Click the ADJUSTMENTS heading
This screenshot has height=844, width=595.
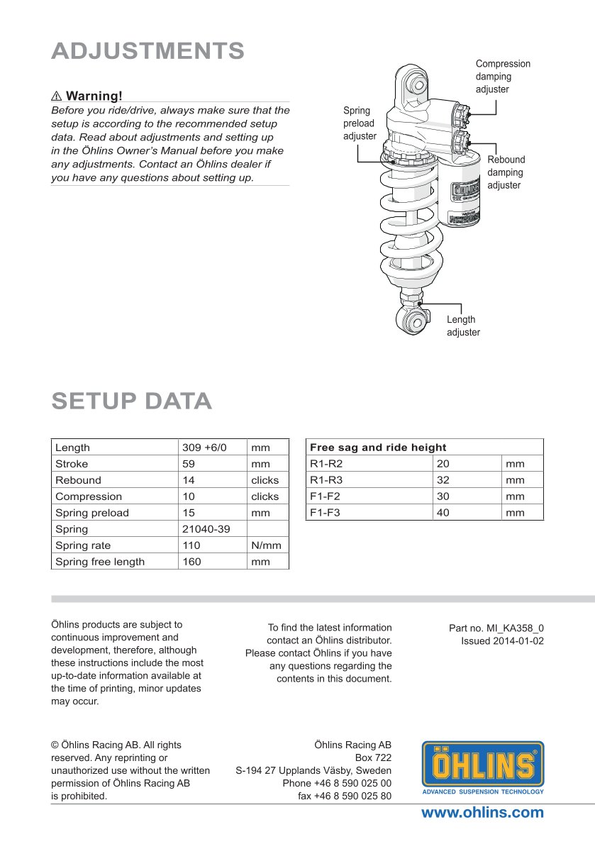[148, 51]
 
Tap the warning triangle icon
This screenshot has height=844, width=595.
[57, 96]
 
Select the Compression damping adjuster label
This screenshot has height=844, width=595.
[502, 77]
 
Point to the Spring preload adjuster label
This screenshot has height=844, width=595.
[360, 123]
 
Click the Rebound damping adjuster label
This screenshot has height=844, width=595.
[506, 172]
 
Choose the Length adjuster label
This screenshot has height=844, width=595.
[462, 326]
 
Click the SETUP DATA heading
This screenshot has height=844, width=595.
[131, 401]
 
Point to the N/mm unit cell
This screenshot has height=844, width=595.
[266, 545]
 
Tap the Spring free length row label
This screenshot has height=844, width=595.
[100, 562]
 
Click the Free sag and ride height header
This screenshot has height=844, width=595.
[378, 448]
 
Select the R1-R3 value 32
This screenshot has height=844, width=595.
[443, 480]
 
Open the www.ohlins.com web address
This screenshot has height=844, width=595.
[482, 813]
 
